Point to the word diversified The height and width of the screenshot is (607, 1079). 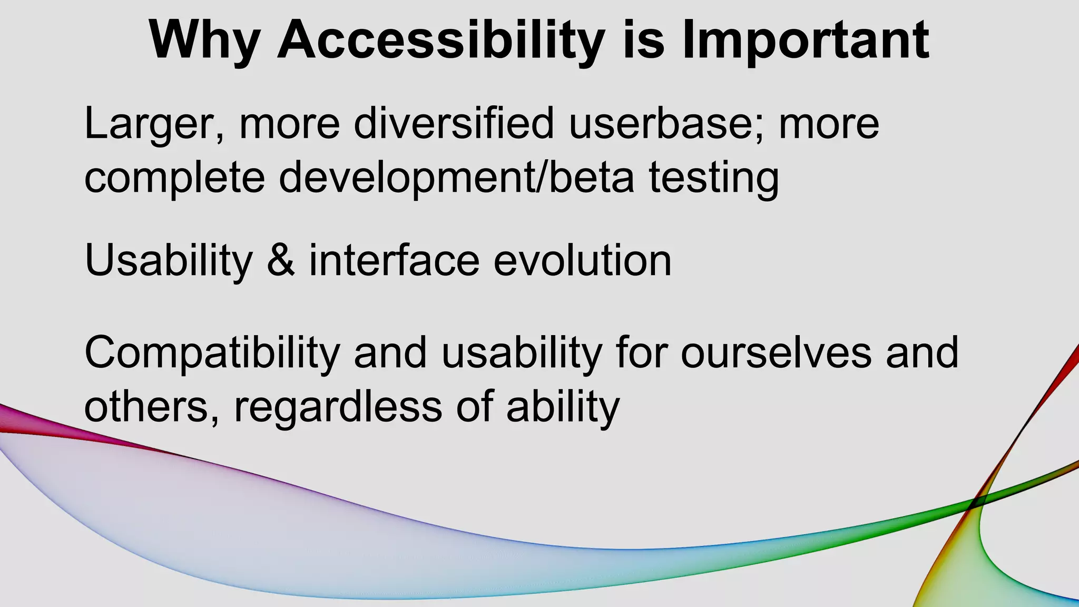pyautogui.click(x=454, y=123)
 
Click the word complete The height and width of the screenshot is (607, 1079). pyautogui.click(x=174, y=178)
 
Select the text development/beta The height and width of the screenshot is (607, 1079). pyautogui.click(x=456, y=178)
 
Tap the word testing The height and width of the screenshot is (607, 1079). pyautogui.click(x=713, y=178)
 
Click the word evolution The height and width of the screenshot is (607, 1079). pyautogui.click(x=582, y=261)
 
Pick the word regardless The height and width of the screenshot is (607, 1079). pyautogui.click(x=338, y=407)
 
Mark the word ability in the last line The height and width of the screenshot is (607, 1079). pyautogui.click(x=563, y=407)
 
